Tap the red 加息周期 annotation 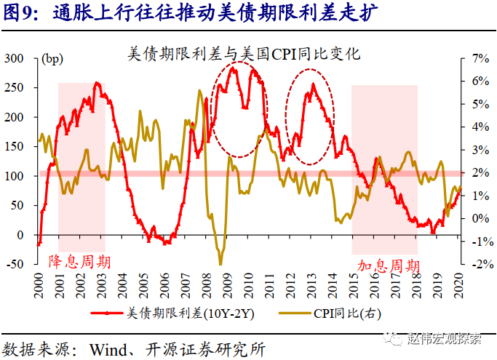(388, 266)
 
